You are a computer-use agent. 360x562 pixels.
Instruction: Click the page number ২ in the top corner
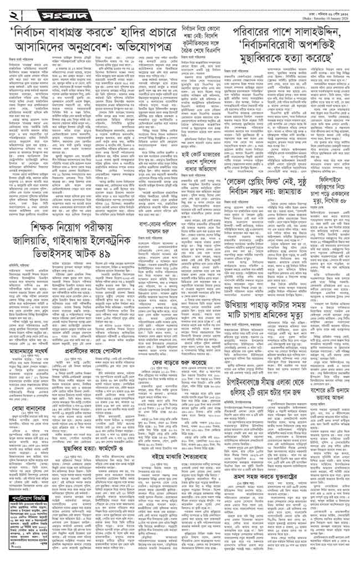pyautogui.click(x=12, y=11)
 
